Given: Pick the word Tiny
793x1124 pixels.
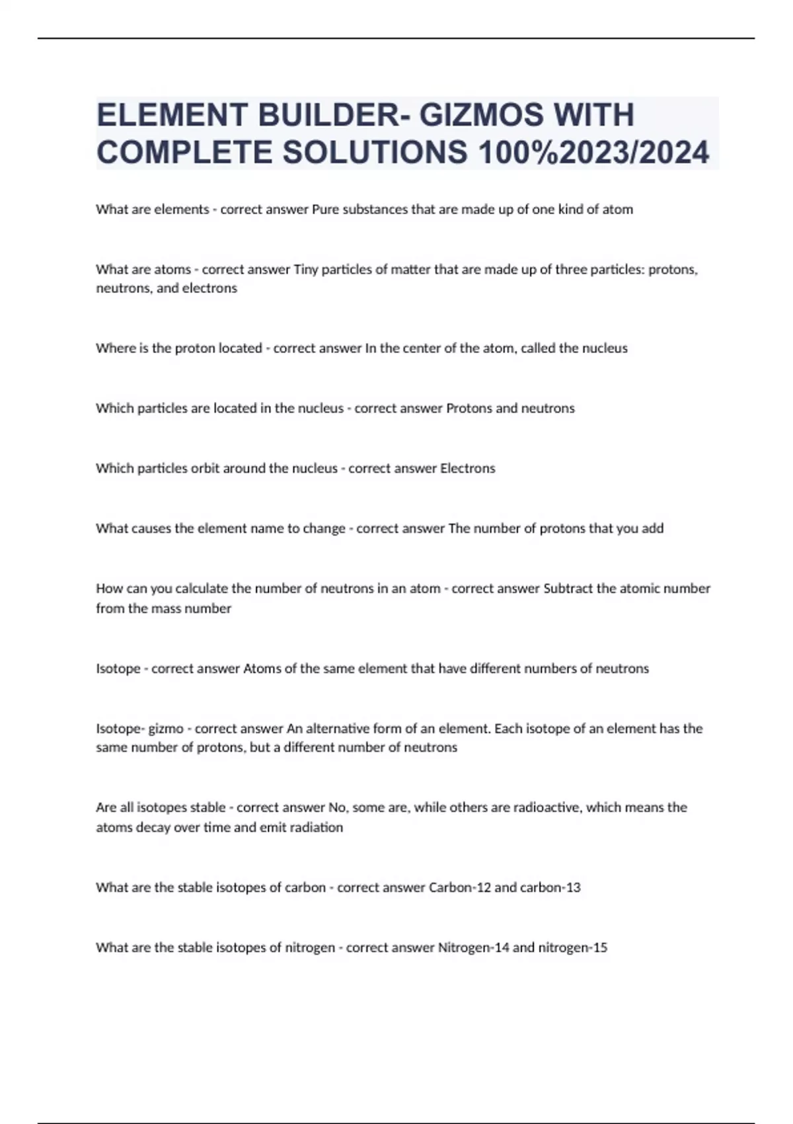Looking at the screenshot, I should pos(305,270).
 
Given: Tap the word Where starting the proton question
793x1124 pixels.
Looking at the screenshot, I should pos(114,348).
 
